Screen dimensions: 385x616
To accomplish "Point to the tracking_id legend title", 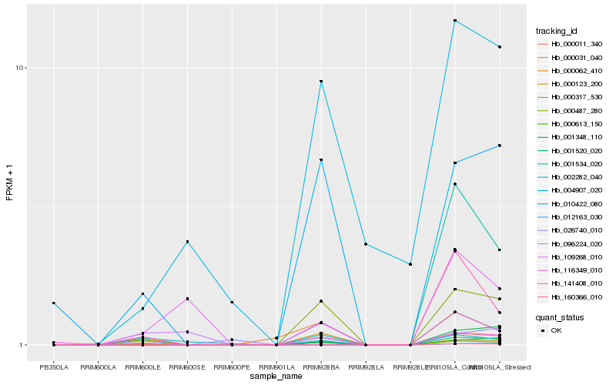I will [x=557, y=31].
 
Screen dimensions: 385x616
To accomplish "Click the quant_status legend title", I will [x=560, y=316].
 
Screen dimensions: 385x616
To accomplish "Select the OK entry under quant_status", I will [x=556, y=330].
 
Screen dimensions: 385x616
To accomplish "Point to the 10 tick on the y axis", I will [x=21, y=68].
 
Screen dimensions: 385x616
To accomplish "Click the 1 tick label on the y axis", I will [x=23, y=345].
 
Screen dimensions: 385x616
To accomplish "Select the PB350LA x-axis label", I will [x=54, y=367].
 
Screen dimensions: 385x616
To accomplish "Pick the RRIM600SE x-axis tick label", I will [x=187, y=367].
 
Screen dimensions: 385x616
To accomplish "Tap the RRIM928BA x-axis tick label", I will [x=321, y=367].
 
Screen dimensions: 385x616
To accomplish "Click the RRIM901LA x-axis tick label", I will [x=276, y=367].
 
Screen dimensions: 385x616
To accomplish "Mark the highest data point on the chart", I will [x=455, y=21].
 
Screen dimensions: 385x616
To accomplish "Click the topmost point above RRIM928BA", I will [x=321, y=82].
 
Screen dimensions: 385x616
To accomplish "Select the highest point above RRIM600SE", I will [x=187, y=242].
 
